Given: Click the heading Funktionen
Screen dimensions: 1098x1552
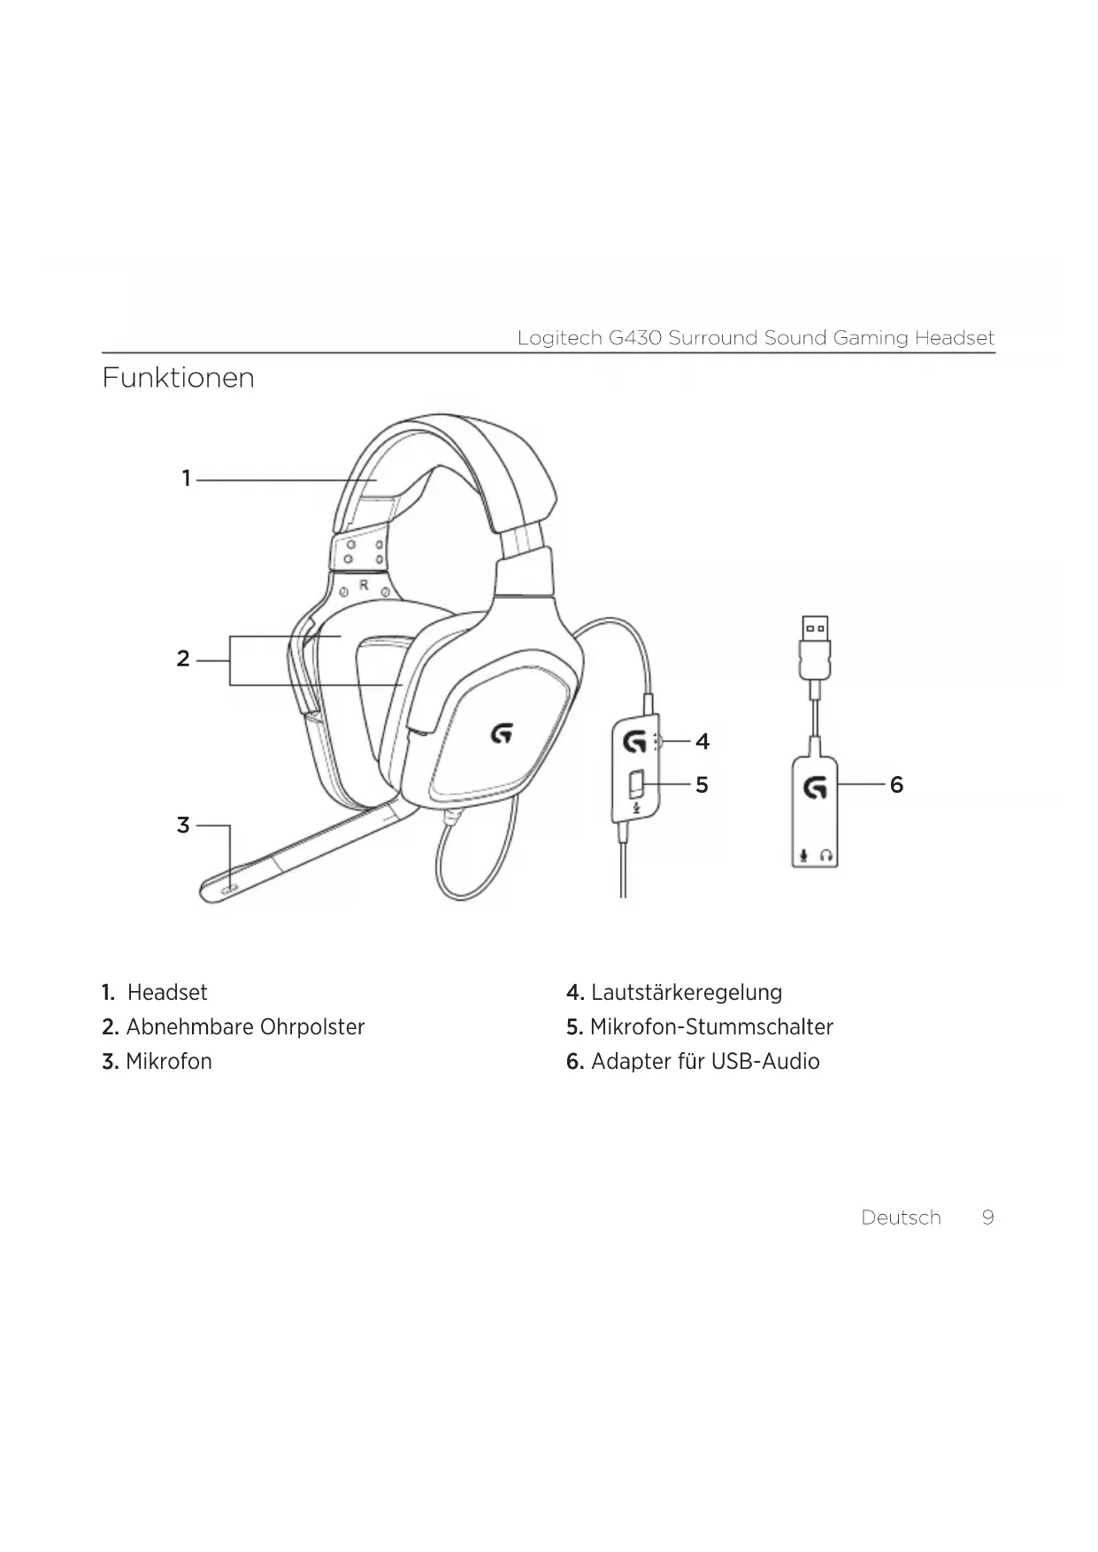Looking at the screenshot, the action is pos(178,378).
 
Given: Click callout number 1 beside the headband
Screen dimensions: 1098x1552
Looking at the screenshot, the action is pos(186,479).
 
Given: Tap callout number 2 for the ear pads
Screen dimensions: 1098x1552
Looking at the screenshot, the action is pos(183,659).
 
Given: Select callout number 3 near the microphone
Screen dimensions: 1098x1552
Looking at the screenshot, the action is pos(183,826).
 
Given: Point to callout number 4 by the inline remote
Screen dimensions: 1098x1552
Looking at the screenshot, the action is pos(703,741).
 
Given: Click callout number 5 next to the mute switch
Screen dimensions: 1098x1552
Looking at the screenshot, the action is pos(702,785).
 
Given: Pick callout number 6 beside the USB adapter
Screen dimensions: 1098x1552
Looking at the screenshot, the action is pos(896,785).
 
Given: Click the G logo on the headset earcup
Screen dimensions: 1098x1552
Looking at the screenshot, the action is pos(502,733).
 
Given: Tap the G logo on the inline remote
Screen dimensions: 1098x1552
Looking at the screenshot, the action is pos(634,741).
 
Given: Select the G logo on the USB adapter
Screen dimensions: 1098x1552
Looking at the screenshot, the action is pos(815,787).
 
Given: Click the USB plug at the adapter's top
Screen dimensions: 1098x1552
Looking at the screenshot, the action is pos(815,631).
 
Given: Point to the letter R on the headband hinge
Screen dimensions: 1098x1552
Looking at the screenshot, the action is pos(364,585).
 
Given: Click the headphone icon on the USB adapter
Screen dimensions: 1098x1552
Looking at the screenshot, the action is pos(826,856).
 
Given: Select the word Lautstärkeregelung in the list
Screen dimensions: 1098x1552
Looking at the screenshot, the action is pos(686,993).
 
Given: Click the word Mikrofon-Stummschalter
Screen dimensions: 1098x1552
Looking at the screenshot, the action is pos(711,1027).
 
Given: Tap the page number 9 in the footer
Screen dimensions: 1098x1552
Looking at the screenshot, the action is pos(987,1218).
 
